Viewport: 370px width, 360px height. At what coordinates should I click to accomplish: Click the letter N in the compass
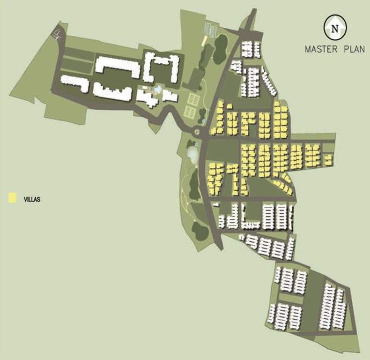pyautogui.click(x=334, y=28)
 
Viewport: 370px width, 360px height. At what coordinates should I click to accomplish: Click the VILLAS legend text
pyautogui.click(x=32, y=199)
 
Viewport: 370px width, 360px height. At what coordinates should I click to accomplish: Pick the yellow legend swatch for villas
pyautogui.click(x=13, y=198)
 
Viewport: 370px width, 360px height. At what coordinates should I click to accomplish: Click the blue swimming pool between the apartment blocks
pyautogui.click(x=158, y=89)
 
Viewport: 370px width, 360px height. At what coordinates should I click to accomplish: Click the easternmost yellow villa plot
pyautogui.click(x=328, y=160)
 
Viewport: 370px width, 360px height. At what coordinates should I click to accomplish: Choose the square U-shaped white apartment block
pyautogui.click(x=162, y=68)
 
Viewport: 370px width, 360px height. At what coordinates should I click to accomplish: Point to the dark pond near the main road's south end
pyautogui.click(x=200, y=231)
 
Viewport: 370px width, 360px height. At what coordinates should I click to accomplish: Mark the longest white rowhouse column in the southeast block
pyautogui.click(x=326, y=307)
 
